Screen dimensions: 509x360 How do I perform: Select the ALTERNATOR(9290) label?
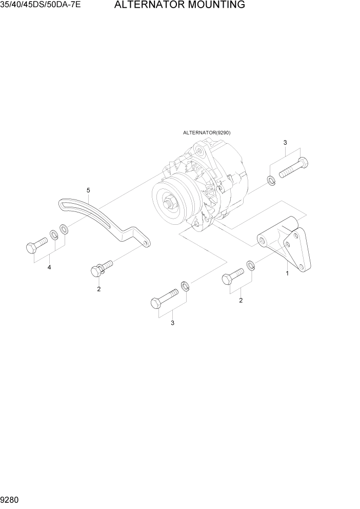coord(207,132)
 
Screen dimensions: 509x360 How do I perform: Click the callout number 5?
coord(88,190)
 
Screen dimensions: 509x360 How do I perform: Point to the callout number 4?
coord(49,267)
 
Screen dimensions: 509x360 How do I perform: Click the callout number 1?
coord(287,273)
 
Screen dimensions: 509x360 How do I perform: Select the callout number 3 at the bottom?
coord(172,323)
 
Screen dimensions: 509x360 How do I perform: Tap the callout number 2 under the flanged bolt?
coord(99,289)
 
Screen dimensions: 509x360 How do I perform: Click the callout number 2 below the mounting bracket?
coord(241,300)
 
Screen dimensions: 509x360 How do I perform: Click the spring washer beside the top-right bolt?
coord(271,180)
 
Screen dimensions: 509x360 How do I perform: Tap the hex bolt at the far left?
coord(36,245)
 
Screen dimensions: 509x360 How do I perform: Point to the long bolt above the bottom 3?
coord(164,299)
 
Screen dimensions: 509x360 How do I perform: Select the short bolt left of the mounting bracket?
coord(232,276)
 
